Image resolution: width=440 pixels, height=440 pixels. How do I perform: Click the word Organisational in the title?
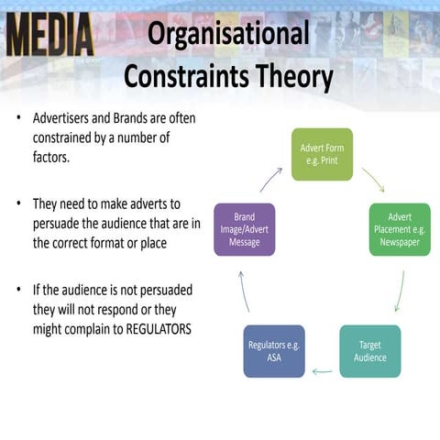(228, 35)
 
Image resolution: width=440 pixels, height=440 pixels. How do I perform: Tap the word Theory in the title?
(291, 77)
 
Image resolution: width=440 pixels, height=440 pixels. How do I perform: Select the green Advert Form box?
(322, 154)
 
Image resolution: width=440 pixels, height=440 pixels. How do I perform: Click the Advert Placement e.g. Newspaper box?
(400, 229)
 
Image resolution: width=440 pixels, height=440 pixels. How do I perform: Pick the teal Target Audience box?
(370, 351)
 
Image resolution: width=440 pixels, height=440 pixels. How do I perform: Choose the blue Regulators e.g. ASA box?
(273, 351)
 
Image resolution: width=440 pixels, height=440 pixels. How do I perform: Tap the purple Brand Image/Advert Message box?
(244, 229)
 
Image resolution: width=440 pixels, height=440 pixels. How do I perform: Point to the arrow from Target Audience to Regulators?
(322, 371)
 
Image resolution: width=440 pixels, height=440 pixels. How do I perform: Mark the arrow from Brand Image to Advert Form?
(271, 177)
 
